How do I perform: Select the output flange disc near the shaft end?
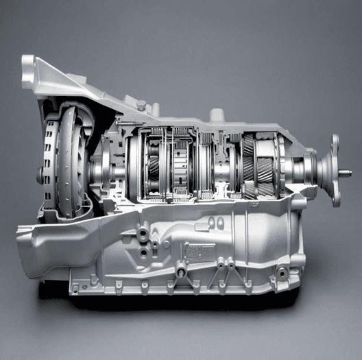(335, 170)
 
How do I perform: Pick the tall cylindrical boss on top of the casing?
(217, 115)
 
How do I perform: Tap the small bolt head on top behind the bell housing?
(141, 105)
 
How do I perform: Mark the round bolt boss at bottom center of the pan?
(180, 273)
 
